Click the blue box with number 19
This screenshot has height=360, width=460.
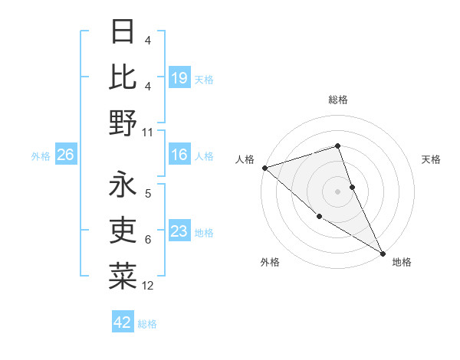point(179,78)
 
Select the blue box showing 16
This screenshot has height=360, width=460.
point(179,155)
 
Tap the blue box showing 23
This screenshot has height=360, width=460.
point(179,232)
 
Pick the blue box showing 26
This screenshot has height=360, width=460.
point(65,155)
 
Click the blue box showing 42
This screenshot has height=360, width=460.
point(123,323)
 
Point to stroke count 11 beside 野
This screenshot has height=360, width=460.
point(148,132)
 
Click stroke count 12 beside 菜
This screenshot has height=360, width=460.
point(148,286)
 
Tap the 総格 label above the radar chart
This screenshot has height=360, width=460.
point(338,100)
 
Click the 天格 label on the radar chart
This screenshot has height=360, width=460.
point(431,159)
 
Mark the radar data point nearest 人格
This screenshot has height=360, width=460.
point(264,168)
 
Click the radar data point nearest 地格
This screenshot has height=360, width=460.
point(383,252)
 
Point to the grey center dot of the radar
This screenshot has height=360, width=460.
point(337,191)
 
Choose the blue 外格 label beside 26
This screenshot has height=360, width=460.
point(41,156)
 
